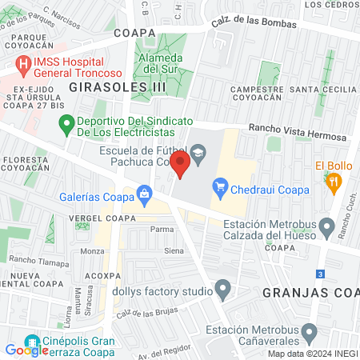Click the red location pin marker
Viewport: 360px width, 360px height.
181,165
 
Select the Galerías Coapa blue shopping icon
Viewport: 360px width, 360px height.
145,192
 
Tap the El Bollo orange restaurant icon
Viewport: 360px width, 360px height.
334,182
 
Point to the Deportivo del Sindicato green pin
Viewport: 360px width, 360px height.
66,124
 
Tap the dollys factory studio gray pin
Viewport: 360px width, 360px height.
223,289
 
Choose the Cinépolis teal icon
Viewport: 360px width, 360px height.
32,341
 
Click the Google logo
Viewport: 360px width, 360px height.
27,350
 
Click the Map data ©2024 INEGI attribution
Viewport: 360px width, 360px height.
312,354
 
